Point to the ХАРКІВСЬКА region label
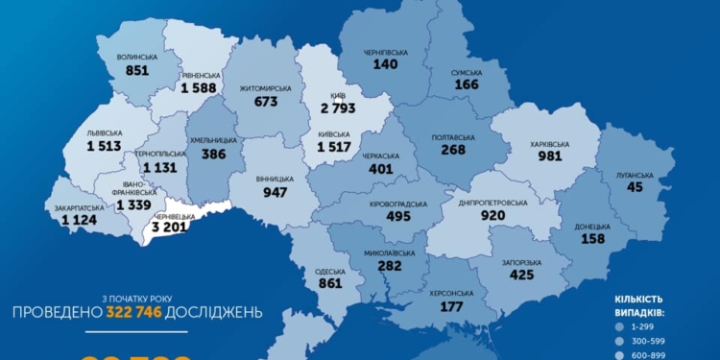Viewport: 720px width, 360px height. tap(550, 144)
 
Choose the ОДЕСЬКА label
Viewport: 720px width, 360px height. tap(329, 272)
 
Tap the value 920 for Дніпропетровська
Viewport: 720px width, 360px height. tap(492, 217)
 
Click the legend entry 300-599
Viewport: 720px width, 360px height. tap(657, 342)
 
